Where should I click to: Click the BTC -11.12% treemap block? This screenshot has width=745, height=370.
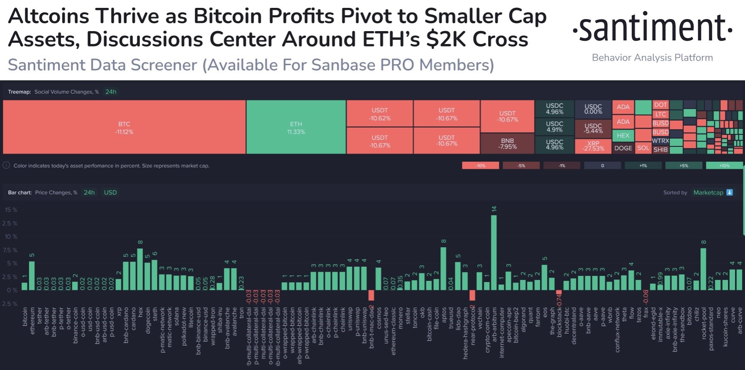(x=124, y=127)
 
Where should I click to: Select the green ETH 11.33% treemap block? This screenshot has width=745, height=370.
(x=296, y=127)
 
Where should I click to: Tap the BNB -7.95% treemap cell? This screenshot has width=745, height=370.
(x=507, y=144)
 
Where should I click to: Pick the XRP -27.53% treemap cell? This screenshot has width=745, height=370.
(x=593, y=146)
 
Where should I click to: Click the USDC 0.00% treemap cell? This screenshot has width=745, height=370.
(x=593, y=109)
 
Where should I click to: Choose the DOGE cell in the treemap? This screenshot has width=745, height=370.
(x=623, y=148)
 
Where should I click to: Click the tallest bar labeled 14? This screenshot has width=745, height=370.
(x=494, y=252)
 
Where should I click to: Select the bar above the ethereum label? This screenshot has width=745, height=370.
(x=32, y=275)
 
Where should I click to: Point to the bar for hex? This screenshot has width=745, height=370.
(x=140, y=269)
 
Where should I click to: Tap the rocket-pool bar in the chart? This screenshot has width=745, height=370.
(x=703, y=269)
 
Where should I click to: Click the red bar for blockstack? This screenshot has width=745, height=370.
(x=559, y=292)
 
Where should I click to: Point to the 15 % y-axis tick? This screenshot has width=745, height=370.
(x=11, y=210)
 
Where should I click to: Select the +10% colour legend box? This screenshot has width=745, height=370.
(x=724, y=166)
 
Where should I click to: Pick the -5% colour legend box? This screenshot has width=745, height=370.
(x=521, y=166)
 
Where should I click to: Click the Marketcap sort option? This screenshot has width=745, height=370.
(x=708, y=192)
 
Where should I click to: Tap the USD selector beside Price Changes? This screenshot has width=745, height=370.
(x=110, y=192)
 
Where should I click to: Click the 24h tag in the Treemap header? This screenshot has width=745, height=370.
(x=111, y=92)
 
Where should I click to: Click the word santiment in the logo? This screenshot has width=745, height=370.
(x=652, y=28)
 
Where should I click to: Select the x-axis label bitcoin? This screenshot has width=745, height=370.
(x=25, y=322)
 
